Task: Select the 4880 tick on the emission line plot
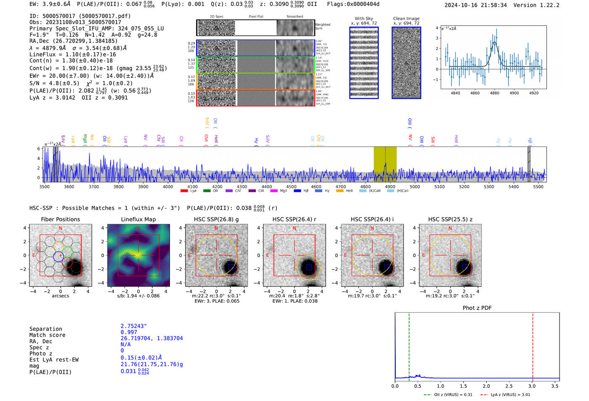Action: (494, 93)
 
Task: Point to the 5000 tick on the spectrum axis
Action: (414, 186)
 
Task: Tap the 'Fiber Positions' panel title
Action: (60, 219)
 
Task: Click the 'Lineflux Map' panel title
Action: (138, 219)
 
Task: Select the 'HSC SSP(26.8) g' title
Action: (216, 219)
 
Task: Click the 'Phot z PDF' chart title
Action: (477, 308)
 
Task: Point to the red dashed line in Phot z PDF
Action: (533, 345)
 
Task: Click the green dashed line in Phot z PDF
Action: (409, 345)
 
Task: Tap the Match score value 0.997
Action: (129, 332)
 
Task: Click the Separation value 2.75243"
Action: (134, 326)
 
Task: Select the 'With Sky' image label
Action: (364, 19)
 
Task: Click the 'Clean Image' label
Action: (406, 19)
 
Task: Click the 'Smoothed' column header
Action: (294, 17)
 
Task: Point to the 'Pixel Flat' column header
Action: (256, 17)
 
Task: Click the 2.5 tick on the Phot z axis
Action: (509, 386)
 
